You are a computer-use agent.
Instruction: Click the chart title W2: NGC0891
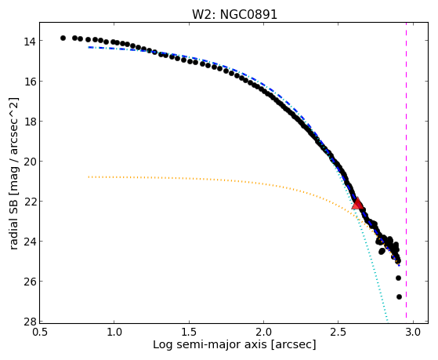tap(234, 14)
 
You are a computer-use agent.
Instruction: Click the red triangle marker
tap(357, 203)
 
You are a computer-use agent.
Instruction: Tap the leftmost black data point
tap(63, 38)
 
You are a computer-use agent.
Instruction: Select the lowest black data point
tap(399, 296)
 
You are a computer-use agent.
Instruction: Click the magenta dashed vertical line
tap(406, 173)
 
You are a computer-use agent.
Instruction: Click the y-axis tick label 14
tap(29, 42)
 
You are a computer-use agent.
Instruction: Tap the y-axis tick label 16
tap(29, 82)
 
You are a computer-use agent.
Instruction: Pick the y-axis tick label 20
tap(29, 162)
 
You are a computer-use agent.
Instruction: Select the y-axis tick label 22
tap(29, 202)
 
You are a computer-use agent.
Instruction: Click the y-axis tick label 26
tap(29, 282)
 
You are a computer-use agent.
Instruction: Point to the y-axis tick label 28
tap(29, 322)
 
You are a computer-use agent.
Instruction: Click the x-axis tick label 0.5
tap(40, 333)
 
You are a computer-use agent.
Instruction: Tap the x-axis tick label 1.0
tap(114, 333)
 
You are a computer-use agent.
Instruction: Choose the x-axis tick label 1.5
tap(189, 333)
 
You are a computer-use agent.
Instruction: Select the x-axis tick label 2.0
tap(264, 333)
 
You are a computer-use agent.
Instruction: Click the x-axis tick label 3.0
tap(413, 333)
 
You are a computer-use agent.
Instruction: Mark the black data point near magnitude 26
tap(398, 278)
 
